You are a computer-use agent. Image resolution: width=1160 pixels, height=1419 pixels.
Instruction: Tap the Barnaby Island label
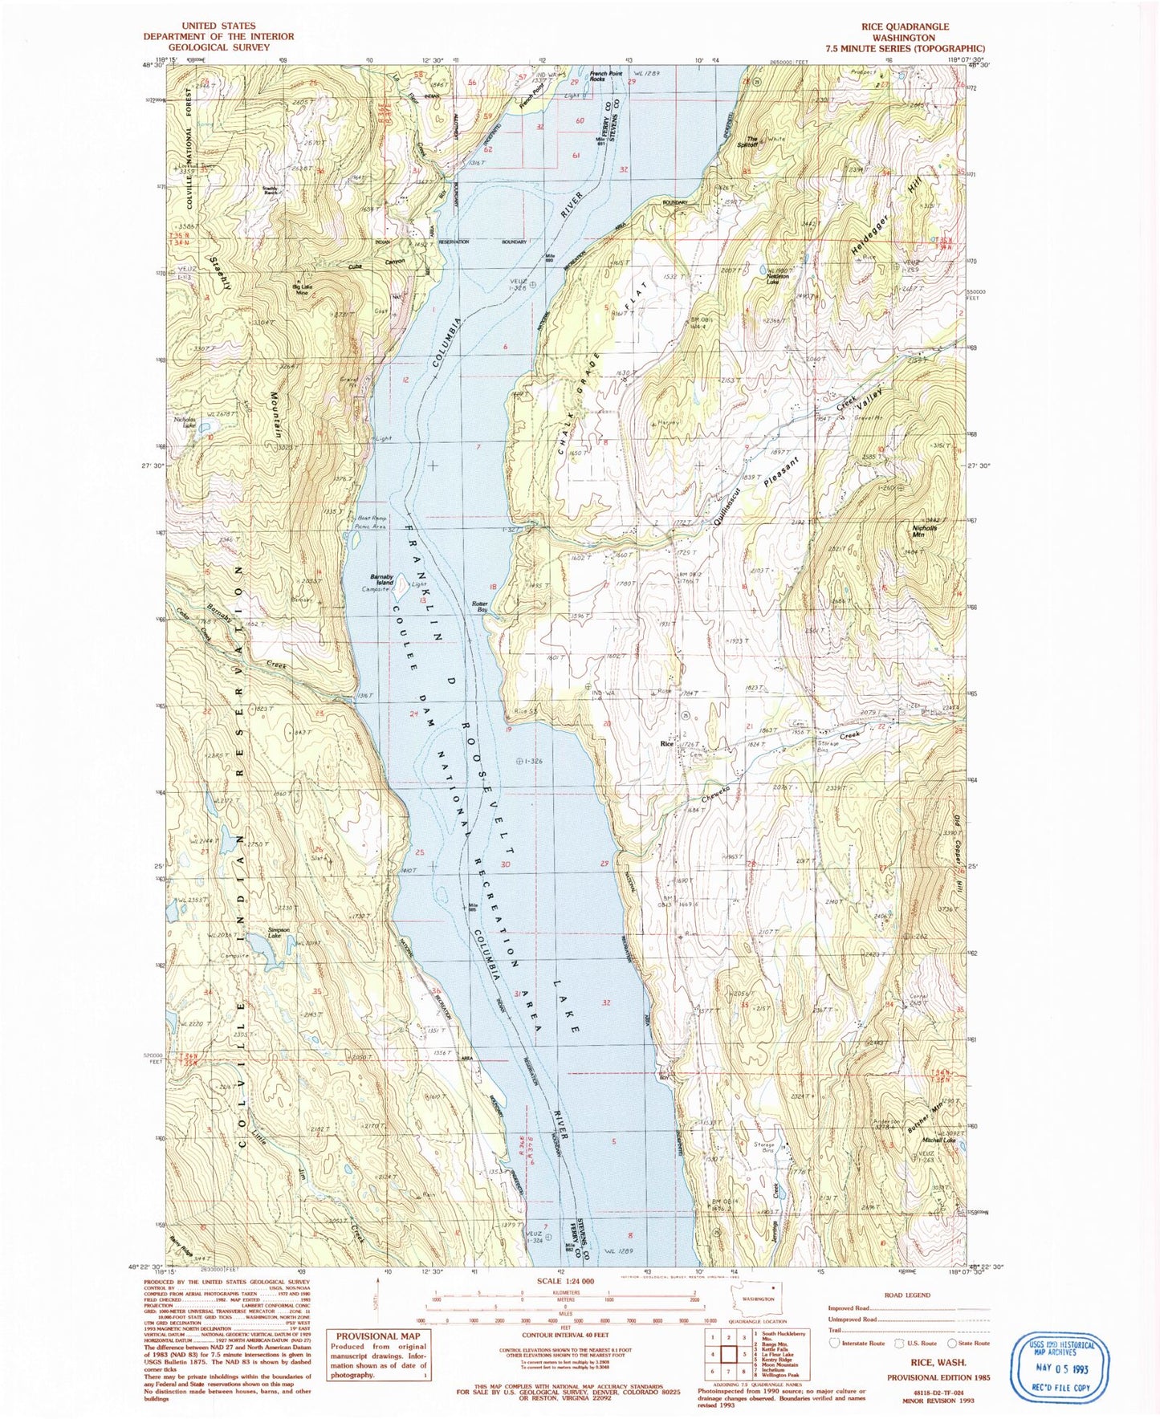pos(381,579)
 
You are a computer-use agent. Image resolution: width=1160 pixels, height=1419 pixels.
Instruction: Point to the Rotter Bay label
pos(480,607)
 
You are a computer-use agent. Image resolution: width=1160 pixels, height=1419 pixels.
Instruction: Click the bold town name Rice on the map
pos(665,744)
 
